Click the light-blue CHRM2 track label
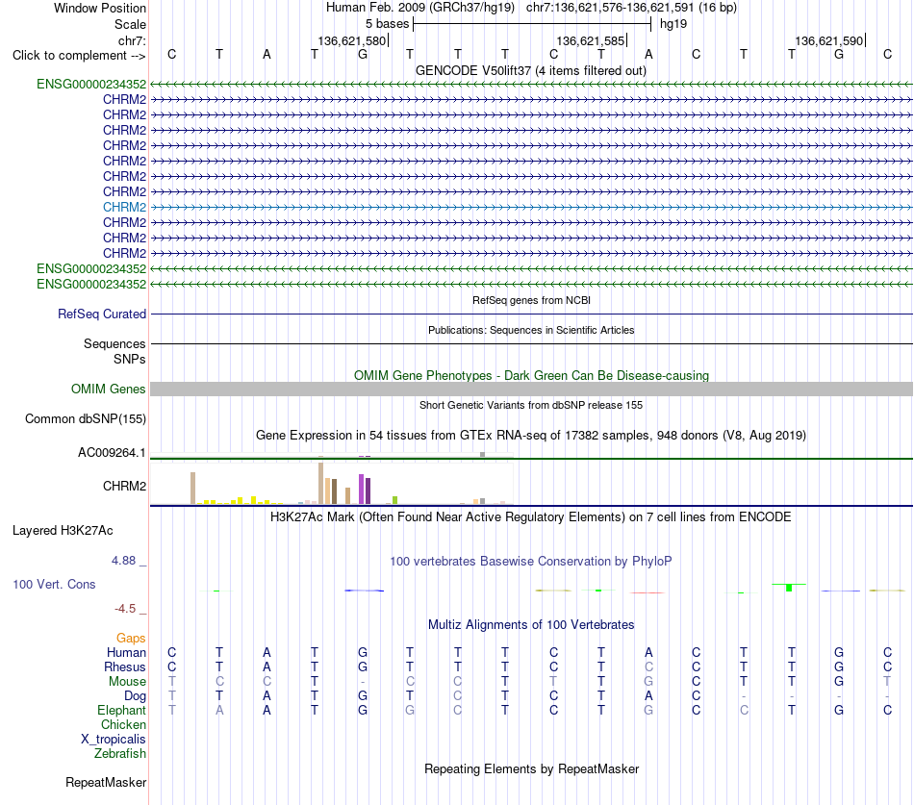point(124,207)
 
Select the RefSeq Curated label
point(102,314)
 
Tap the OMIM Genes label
point(109,389)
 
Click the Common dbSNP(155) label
point(86,418)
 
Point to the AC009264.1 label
point(112,452)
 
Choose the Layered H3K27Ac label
point(63,531)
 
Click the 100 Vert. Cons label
point(54,584)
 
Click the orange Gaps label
point(131,638)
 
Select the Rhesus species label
point(125,667)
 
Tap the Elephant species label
point(122,710)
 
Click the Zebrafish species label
point(120,753)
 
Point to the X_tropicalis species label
point(114,740)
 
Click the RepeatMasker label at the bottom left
point(106,782)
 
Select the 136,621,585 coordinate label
point(591,40)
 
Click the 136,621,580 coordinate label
point(352,40)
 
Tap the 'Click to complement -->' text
point(79,56)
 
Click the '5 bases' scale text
point(388,24)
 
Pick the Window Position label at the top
point(100,8)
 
